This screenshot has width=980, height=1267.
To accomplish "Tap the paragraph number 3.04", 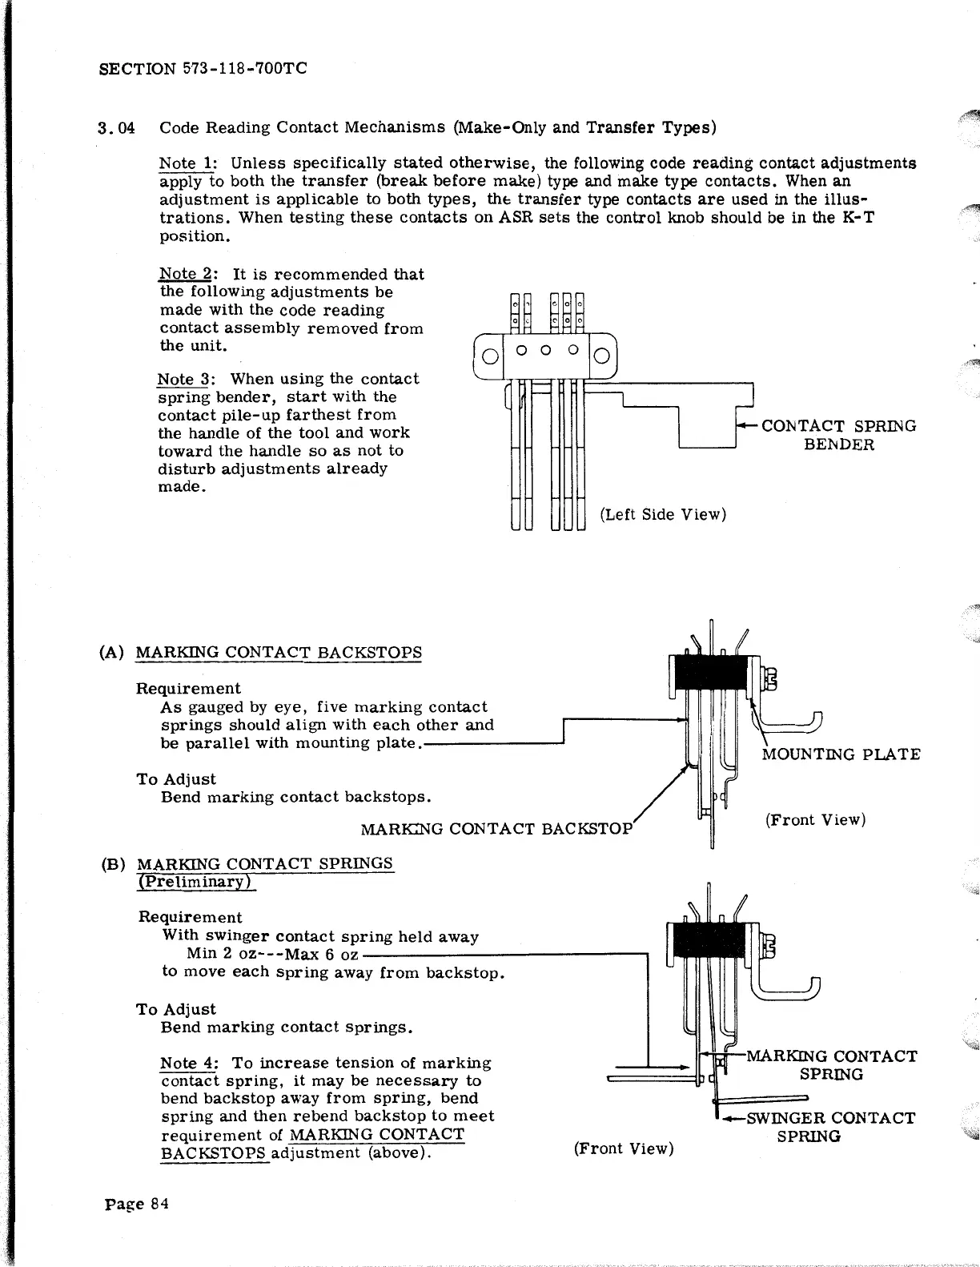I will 115,128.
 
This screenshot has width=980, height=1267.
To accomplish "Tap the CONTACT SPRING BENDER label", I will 838,435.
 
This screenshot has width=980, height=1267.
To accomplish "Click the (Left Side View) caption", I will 663,514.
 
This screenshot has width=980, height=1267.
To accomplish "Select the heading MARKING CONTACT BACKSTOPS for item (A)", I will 279,652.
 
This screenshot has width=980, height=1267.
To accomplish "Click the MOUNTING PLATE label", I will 841,754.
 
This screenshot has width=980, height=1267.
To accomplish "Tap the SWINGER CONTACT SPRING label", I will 830,1127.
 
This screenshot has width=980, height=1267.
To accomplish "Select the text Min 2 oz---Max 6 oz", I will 272,955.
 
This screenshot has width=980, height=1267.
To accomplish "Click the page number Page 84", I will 137,1204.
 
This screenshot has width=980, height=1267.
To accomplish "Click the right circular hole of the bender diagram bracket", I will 603,356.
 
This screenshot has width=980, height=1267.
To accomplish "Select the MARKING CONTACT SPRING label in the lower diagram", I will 831,1065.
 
